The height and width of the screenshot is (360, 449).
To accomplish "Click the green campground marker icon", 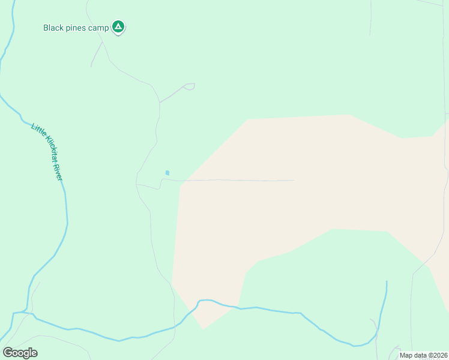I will point(119,26).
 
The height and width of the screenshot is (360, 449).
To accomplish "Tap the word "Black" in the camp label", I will point(53,28).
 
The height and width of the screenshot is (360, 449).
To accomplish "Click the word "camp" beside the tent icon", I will point(100,28).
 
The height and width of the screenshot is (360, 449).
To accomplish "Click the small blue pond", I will point(167,173).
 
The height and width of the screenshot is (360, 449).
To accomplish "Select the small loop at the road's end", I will point(190,86).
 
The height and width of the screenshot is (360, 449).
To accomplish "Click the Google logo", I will point(20,353).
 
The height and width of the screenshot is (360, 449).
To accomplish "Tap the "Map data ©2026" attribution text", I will point(423,355).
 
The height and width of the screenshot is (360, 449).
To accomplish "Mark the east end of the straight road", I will point(294,180).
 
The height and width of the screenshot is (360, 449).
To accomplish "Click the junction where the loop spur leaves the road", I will point(160,103).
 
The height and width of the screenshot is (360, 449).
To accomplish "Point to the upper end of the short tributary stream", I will point(387,281).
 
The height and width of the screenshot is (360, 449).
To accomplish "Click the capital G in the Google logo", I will point(8,352).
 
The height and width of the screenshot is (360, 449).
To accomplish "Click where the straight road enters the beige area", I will point(181,180).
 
